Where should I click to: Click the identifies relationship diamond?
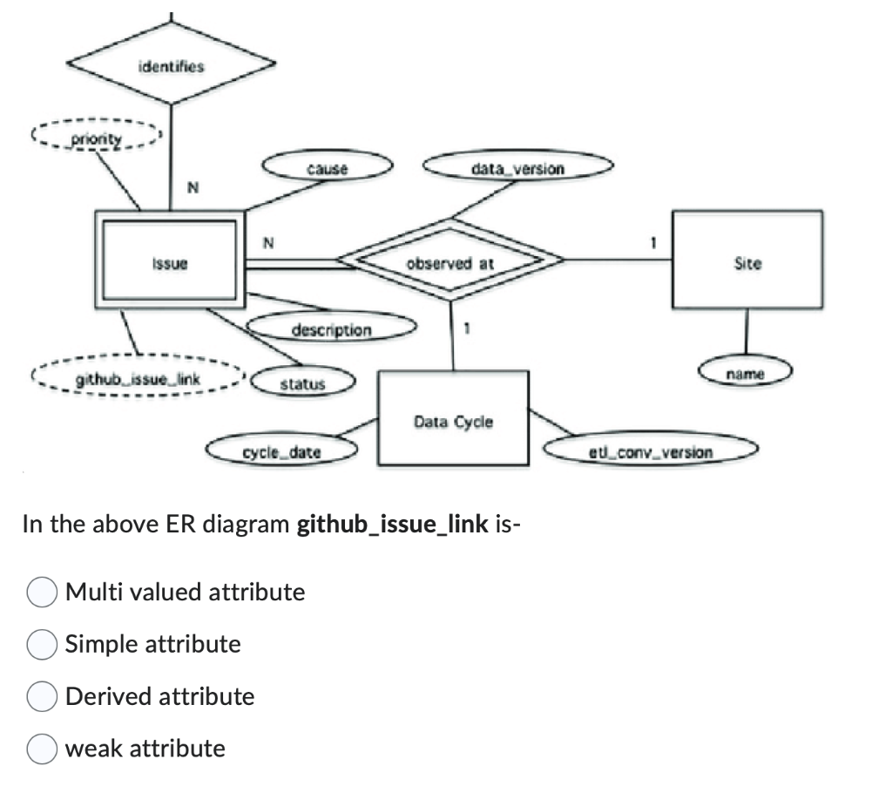click(x=171, y=64)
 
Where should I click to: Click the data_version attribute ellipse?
click(x=517, y=168)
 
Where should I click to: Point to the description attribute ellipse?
click(x=331, y=329)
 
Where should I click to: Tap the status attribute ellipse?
click(x=302, y=383)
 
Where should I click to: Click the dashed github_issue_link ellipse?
click(x=139, y=379)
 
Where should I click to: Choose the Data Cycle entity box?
click(x=453, y=422)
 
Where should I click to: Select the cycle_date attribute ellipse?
click(x=281, y=451)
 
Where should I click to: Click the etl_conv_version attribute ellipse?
click(x=650, y=451)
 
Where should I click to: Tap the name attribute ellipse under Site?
click(x=745, y=373)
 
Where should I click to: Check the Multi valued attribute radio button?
click(x=42, y=593)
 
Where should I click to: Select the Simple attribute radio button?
click(x=42, y=645)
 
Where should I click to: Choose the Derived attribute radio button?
click(x=42, y=697)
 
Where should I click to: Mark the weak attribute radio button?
click(x=42, y=749)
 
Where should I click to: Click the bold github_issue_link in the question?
click(x=393, y=525)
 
